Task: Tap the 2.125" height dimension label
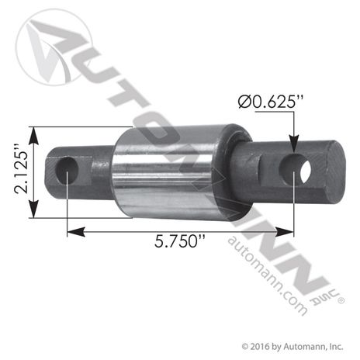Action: coord(18,172)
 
